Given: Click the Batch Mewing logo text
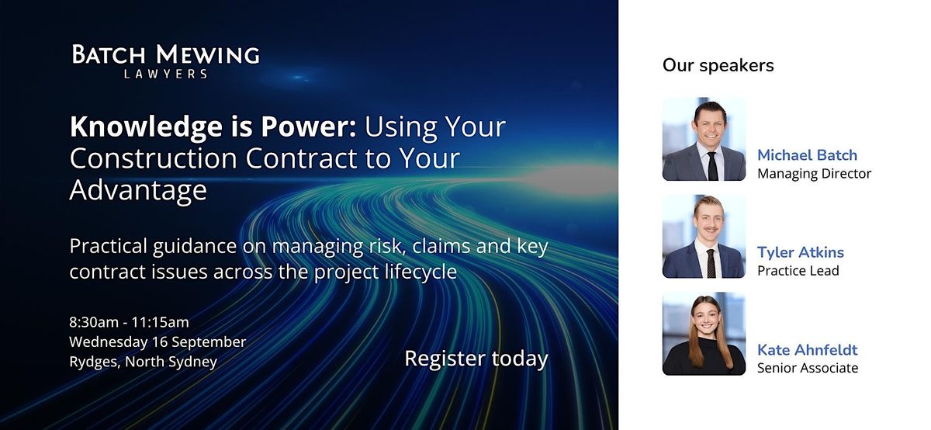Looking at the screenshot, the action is [x=166, y=54].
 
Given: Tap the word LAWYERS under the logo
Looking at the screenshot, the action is [x=166, y=74].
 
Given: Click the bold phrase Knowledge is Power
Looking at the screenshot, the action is [x=213, y=127].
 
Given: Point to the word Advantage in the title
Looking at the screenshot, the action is [x=138, y=190].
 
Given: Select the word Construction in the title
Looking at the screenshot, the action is [x=153, y=158].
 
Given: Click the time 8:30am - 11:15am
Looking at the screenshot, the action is [x=130, y=322].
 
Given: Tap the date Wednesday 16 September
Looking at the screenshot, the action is [x=157, y=342].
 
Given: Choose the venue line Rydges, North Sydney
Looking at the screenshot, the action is [x=144, y=362].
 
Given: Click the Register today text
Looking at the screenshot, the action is [x=476, y=359].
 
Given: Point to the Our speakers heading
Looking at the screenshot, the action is [x=718, y=65].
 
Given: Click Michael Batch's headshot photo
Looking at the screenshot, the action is [x=704, y=139].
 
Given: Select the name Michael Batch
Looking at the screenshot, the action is [x=807, y=154].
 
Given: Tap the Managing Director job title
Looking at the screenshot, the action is [x=814, y=173].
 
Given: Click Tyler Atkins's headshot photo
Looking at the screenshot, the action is [x=704, y=236].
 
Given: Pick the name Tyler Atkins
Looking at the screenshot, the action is [x=801, y=252].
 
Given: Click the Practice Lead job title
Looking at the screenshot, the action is [x=798, y=271].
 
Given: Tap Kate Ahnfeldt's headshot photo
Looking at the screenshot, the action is [x=704, y=334].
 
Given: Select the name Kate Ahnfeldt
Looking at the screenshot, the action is [x=807, y=350].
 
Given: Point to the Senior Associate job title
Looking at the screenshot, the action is [x=808, y=368].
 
